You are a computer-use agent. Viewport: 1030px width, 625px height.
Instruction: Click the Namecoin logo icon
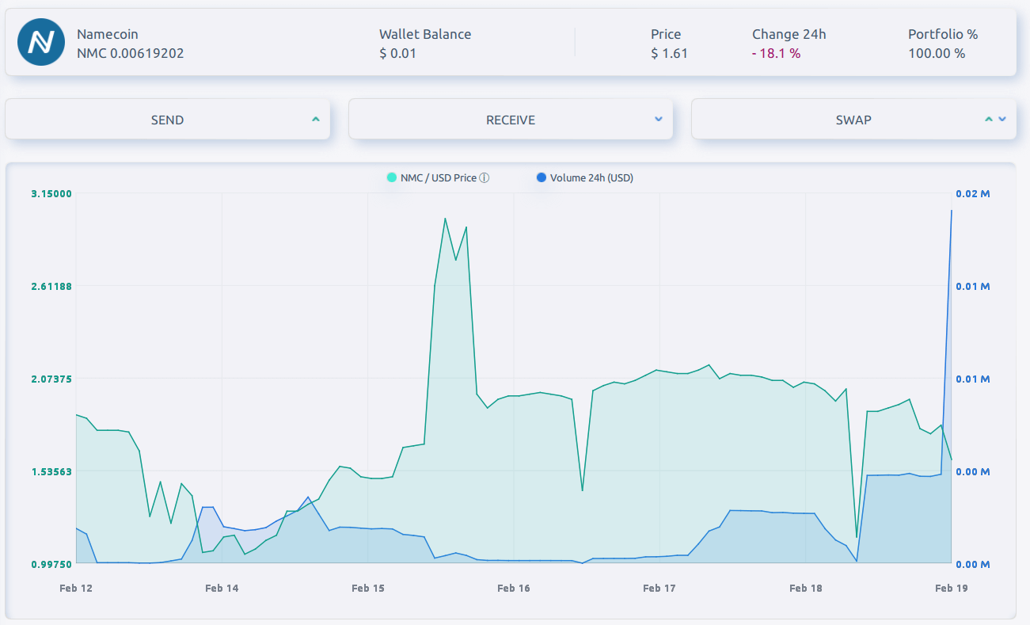(40, 43)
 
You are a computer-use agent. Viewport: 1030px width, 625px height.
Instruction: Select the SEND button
(167, 120)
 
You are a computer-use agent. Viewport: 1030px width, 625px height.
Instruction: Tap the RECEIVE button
(511, 120)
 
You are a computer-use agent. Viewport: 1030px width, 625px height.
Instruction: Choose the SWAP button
(853, 120)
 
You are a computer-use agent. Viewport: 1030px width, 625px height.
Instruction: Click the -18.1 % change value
(776, 54)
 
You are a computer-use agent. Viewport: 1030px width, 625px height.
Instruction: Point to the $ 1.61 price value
(669, 54)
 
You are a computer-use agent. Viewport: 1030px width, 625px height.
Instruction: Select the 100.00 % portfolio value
(937, 54)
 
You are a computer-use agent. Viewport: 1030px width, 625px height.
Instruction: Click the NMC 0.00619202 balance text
(131, 54)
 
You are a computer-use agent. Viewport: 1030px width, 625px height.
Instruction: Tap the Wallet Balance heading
(425, 34)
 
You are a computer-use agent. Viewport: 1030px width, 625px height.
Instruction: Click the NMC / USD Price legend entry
(438, 178)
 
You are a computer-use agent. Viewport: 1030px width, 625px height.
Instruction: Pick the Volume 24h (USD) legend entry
(591, 178)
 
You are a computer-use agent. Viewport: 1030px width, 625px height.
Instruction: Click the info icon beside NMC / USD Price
(485, 178)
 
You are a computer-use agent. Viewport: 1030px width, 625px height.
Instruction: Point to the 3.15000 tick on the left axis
(51, 194)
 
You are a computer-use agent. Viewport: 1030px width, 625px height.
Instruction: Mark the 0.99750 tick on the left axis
(51, 564)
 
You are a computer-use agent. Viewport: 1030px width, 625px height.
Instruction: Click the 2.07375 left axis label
(51, 379)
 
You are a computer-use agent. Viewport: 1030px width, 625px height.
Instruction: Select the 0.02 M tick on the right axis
(973, 194)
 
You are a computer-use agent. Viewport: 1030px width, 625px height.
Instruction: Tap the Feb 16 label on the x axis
(513, 588)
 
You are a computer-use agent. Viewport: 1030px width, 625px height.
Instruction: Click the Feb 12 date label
(76, 588)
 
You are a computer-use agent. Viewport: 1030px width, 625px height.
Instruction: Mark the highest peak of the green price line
(445, 219)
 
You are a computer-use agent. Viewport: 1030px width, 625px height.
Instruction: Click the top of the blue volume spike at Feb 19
(951, 211)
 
